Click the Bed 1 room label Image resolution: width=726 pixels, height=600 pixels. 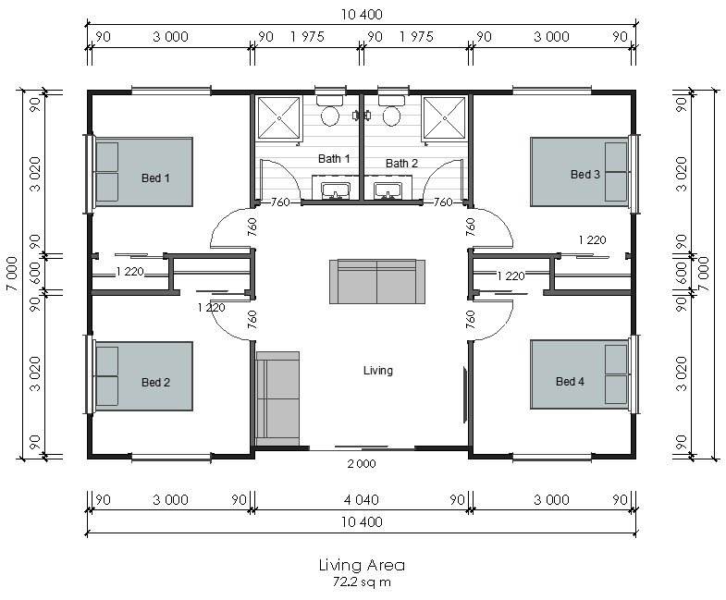(x=155, y=178)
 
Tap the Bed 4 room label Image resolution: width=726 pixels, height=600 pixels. (x=570, y=382)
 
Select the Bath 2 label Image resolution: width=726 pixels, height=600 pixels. (x=401, y=164)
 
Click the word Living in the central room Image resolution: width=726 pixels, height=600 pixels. (x=378, y=371)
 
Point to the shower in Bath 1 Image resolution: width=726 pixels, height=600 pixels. (x=279, y=118)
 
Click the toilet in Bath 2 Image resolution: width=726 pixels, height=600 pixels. (x=391, y=111)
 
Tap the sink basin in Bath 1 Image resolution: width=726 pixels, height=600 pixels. (x=335, y=190)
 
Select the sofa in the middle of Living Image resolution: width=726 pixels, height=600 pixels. (x=377, y=281)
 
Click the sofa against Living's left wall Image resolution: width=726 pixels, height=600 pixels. (x=277, y=398)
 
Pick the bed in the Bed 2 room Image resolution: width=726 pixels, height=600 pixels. (x=143, y=376)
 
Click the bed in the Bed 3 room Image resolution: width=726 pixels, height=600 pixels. (x=580, y=172)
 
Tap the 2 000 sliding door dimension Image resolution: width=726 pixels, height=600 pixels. (x=362, y=463)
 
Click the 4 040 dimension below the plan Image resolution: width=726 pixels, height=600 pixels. (x=361, y=500)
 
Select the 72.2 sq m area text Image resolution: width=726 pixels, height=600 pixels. (x=362, y=582)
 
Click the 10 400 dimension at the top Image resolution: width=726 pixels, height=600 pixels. (x=362, y=15)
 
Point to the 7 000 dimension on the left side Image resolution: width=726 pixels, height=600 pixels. (x=13, y=274)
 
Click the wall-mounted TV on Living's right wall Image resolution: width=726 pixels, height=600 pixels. (x=465, y=395)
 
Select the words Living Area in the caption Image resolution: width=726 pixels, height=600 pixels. (x=362, y=565)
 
